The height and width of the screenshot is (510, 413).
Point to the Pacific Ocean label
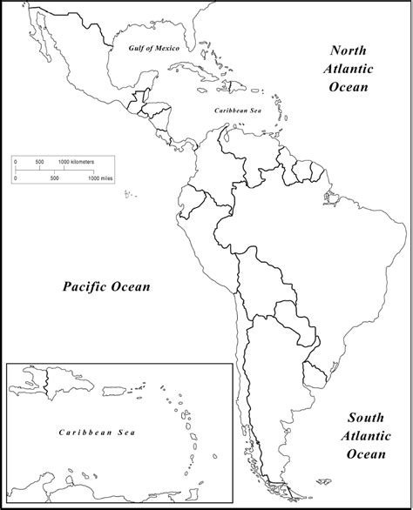point(105,286)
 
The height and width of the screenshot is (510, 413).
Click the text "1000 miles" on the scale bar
point(101,178)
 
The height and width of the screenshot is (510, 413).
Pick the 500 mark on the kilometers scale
point(40,163)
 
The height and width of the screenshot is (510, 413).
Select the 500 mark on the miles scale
point(54,178)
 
